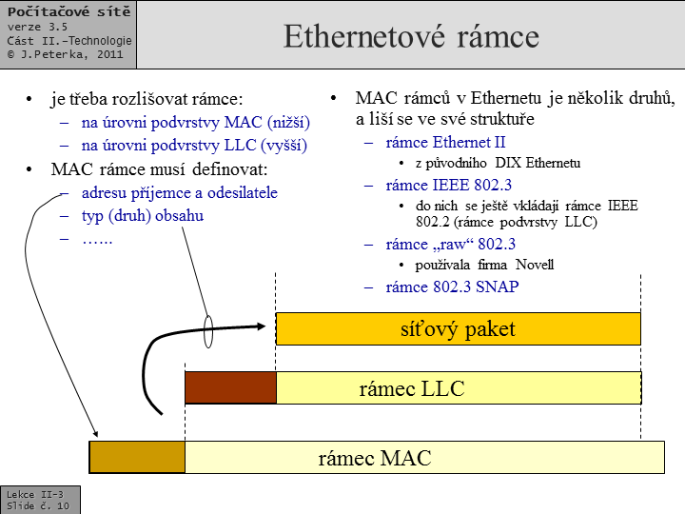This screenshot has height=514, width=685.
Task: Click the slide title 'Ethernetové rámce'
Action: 411,36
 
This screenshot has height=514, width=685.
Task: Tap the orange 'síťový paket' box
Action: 458,329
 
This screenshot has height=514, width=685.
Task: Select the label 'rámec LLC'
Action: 411,388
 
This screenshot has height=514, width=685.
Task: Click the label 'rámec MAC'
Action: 374,458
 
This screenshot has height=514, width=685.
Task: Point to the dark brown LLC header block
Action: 229,387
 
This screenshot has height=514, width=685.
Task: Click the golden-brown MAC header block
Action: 137,457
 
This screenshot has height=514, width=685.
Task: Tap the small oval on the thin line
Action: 208,331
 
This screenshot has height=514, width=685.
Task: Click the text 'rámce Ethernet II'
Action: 445,143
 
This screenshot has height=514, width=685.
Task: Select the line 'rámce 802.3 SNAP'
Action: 452,287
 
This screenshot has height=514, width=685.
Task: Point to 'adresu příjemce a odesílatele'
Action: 180,192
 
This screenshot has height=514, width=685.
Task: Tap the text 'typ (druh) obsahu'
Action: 143,215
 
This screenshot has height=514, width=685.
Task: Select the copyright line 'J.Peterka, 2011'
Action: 70,55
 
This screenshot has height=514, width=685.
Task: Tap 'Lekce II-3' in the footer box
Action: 35,494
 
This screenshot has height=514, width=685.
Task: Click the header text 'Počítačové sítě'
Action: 63,11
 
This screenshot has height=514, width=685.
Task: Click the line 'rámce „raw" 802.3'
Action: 451,244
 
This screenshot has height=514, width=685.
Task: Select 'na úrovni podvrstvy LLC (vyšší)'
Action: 196,146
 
